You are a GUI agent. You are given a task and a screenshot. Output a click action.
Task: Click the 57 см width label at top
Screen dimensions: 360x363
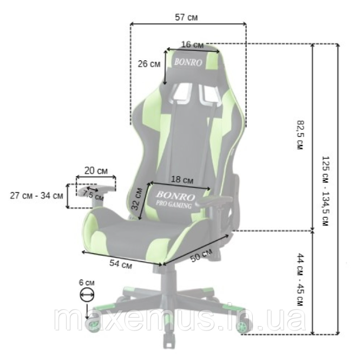[x=186, y=17]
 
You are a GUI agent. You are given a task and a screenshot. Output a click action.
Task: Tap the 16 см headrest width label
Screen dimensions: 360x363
[x=192, y=44]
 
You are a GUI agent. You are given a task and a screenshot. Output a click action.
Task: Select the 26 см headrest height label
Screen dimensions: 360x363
[x=149, y=64]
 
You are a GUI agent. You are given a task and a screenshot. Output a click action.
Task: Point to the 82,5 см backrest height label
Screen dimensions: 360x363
[x=300, y=135]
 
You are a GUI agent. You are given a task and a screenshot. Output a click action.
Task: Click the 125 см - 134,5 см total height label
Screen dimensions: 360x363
[x=325, y=191]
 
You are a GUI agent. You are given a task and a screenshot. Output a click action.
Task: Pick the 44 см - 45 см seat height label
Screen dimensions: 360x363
[x=300, y=280]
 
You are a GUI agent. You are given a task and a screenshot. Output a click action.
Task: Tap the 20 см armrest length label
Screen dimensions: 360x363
[x=96, y=171]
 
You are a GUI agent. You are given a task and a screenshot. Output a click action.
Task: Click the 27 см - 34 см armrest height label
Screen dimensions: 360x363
[x=36, y=196]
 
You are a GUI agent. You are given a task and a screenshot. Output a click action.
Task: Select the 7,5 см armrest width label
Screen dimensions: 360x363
[x=93, y=195]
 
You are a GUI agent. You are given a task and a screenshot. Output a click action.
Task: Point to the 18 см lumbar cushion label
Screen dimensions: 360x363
[x=182, y=179]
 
